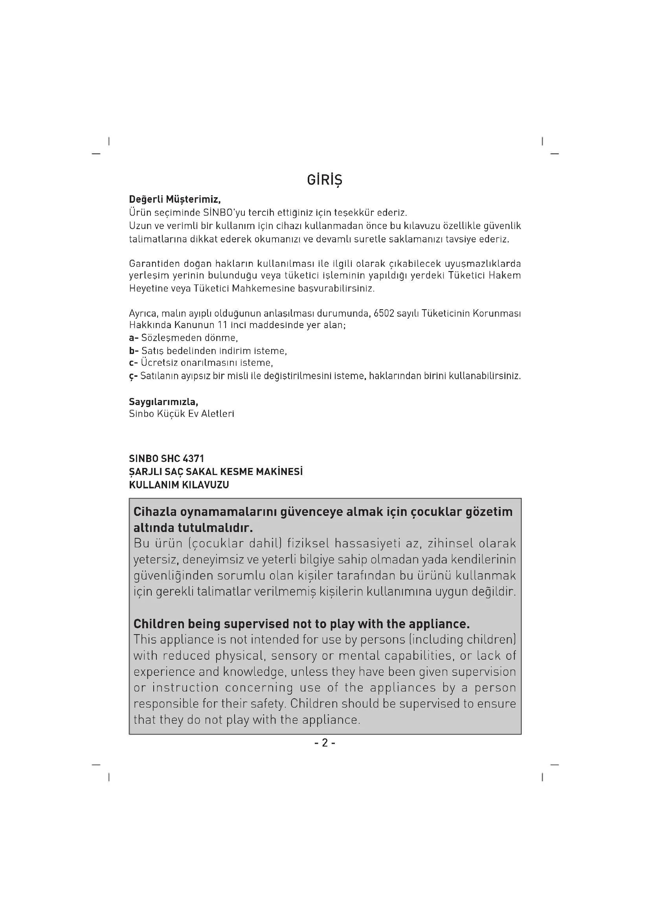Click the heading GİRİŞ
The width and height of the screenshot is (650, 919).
tap(324, 180)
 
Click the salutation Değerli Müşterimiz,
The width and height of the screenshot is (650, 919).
tap(174, 199)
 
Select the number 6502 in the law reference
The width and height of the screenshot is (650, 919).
tap(384, 313)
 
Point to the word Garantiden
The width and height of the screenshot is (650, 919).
tap(154, 264)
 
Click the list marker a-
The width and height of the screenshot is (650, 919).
tap(134, 338)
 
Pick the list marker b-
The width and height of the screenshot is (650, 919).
tap(134, 351)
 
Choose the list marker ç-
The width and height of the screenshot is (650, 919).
tap(133, 376)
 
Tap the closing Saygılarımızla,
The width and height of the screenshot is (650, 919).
tap(163, 402)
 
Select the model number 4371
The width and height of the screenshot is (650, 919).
tap(193, 459)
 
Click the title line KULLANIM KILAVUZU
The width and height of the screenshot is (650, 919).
tap(179, 485)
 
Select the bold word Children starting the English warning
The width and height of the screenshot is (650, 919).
tap(158, 624)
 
